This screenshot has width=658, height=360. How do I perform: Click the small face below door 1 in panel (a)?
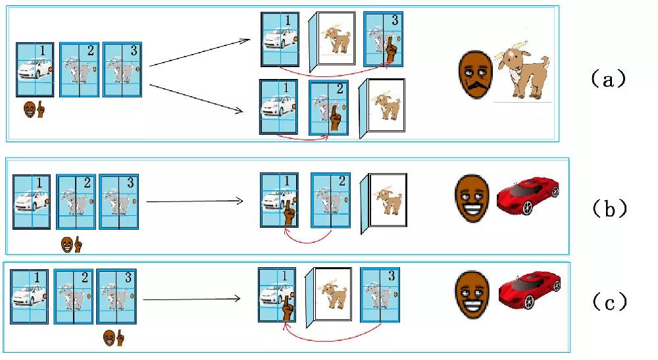(x=30, y=110)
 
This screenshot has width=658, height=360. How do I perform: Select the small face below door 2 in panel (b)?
(x=67, y=245)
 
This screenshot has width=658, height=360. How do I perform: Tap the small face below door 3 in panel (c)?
(x=109, y=338)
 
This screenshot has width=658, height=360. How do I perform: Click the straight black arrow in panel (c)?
(x=191, y=299)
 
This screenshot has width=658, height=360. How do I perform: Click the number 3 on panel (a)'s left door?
(x=130, y=51)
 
